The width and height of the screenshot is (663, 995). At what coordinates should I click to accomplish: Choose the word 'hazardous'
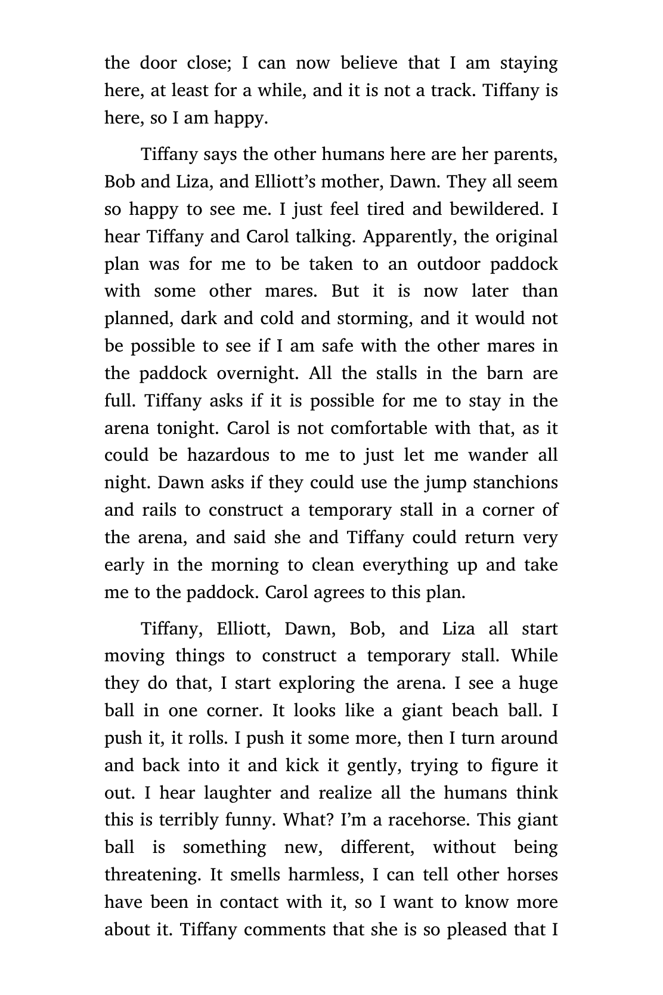tap(228, 455)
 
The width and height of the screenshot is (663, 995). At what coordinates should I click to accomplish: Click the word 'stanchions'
tap(515, 483)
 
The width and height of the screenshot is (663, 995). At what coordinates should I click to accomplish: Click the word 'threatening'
tap(153, 875)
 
